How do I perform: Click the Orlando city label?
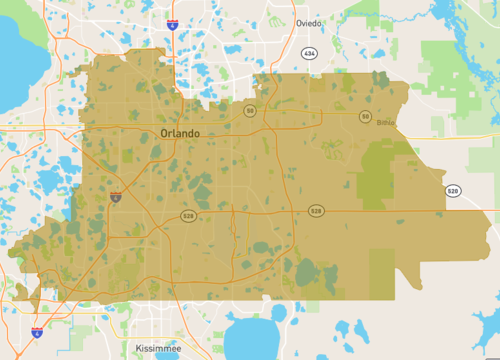click(x=180, y=133)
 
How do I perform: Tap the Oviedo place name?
click(x=309, y=22)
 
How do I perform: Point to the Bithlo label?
click(x=386, y=123)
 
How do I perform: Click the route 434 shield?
click(x=308, y=52)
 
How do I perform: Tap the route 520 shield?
click(x=453, y=190)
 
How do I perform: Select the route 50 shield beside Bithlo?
click(x=366, y=117)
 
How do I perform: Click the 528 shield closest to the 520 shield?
click(x=316, y=211)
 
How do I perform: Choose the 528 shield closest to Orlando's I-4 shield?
click(x=187, y=216)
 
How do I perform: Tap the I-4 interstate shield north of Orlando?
click(x=173, y=20)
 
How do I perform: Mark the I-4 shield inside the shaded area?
click(x=117, y=198)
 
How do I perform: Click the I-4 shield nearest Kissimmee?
click(x=37, y=332)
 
